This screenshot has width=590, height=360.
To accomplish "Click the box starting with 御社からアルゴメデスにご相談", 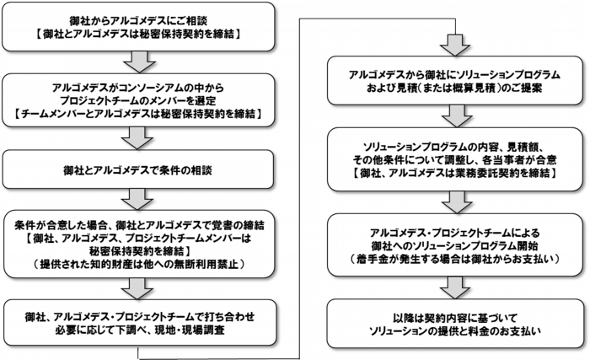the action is coord(138,26).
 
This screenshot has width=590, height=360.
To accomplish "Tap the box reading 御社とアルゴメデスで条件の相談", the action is coord(137,169).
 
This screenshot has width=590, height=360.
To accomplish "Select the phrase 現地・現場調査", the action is coord(193,330).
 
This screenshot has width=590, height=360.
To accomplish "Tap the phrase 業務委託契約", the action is coord(484,173).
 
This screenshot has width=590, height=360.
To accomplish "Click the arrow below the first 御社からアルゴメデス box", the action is coord(139,62).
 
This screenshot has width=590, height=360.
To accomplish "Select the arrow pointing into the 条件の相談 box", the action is coord(137,138).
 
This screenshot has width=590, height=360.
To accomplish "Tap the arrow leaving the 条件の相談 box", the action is coord(137,199).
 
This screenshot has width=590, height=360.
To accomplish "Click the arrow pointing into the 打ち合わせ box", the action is coord(137,289).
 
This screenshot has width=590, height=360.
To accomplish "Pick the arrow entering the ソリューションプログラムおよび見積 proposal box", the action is coord(455,46).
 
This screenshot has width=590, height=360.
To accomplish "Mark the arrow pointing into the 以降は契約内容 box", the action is coord(455,288).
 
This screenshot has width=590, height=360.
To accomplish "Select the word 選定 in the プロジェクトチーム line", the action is coord(206,101).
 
